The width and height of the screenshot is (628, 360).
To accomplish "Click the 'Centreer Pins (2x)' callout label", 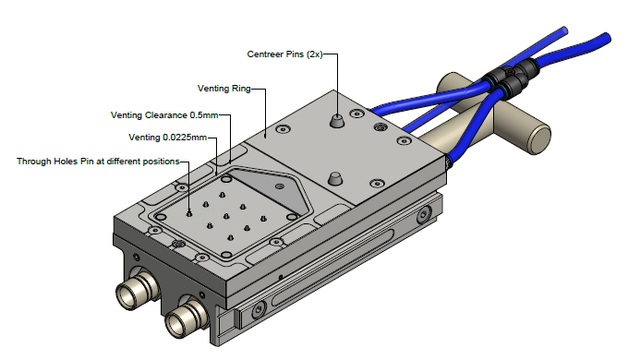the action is coord(284,54).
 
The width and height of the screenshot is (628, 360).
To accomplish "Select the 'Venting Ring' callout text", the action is coord(224,88).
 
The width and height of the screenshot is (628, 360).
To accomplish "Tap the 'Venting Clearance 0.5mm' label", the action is coord(164,115).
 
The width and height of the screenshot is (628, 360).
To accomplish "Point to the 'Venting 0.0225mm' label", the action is coord(168,138).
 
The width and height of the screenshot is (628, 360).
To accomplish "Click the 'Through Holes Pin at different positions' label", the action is coord(98,161).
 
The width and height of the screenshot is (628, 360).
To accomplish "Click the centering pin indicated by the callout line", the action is coord(337,120).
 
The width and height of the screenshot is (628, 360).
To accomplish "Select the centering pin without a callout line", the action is coord(335,178).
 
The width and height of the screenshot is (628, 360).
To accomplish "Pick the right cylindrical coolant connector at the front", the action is coord(185,318).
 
